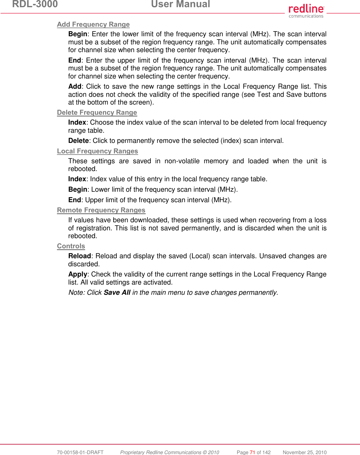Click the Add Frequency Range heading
tap(93, 24)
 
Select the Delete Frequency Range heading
tap(97, 112)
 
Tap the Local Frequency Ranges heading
tap(97, 151)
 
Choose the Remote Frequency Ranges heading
tap(101, 210)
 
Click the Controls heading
tap(71, 246)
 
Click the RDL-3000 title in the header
tap(35, 4)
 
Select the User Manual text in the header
tap(180, 4)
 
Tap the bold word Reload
tap(79, 256)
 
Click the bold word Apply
tap(77, 274)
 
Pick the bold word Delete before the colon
tap(79, 141)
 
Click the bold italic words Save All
tap(117, 293)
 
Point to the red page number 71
tap(252, 452)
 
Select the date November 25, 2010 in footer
tap(305, 452)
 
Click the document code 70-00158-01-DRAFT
tap(80, 452)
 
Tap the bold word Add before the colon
tap(75, 87)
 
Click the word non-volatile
tap(182, 161)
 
